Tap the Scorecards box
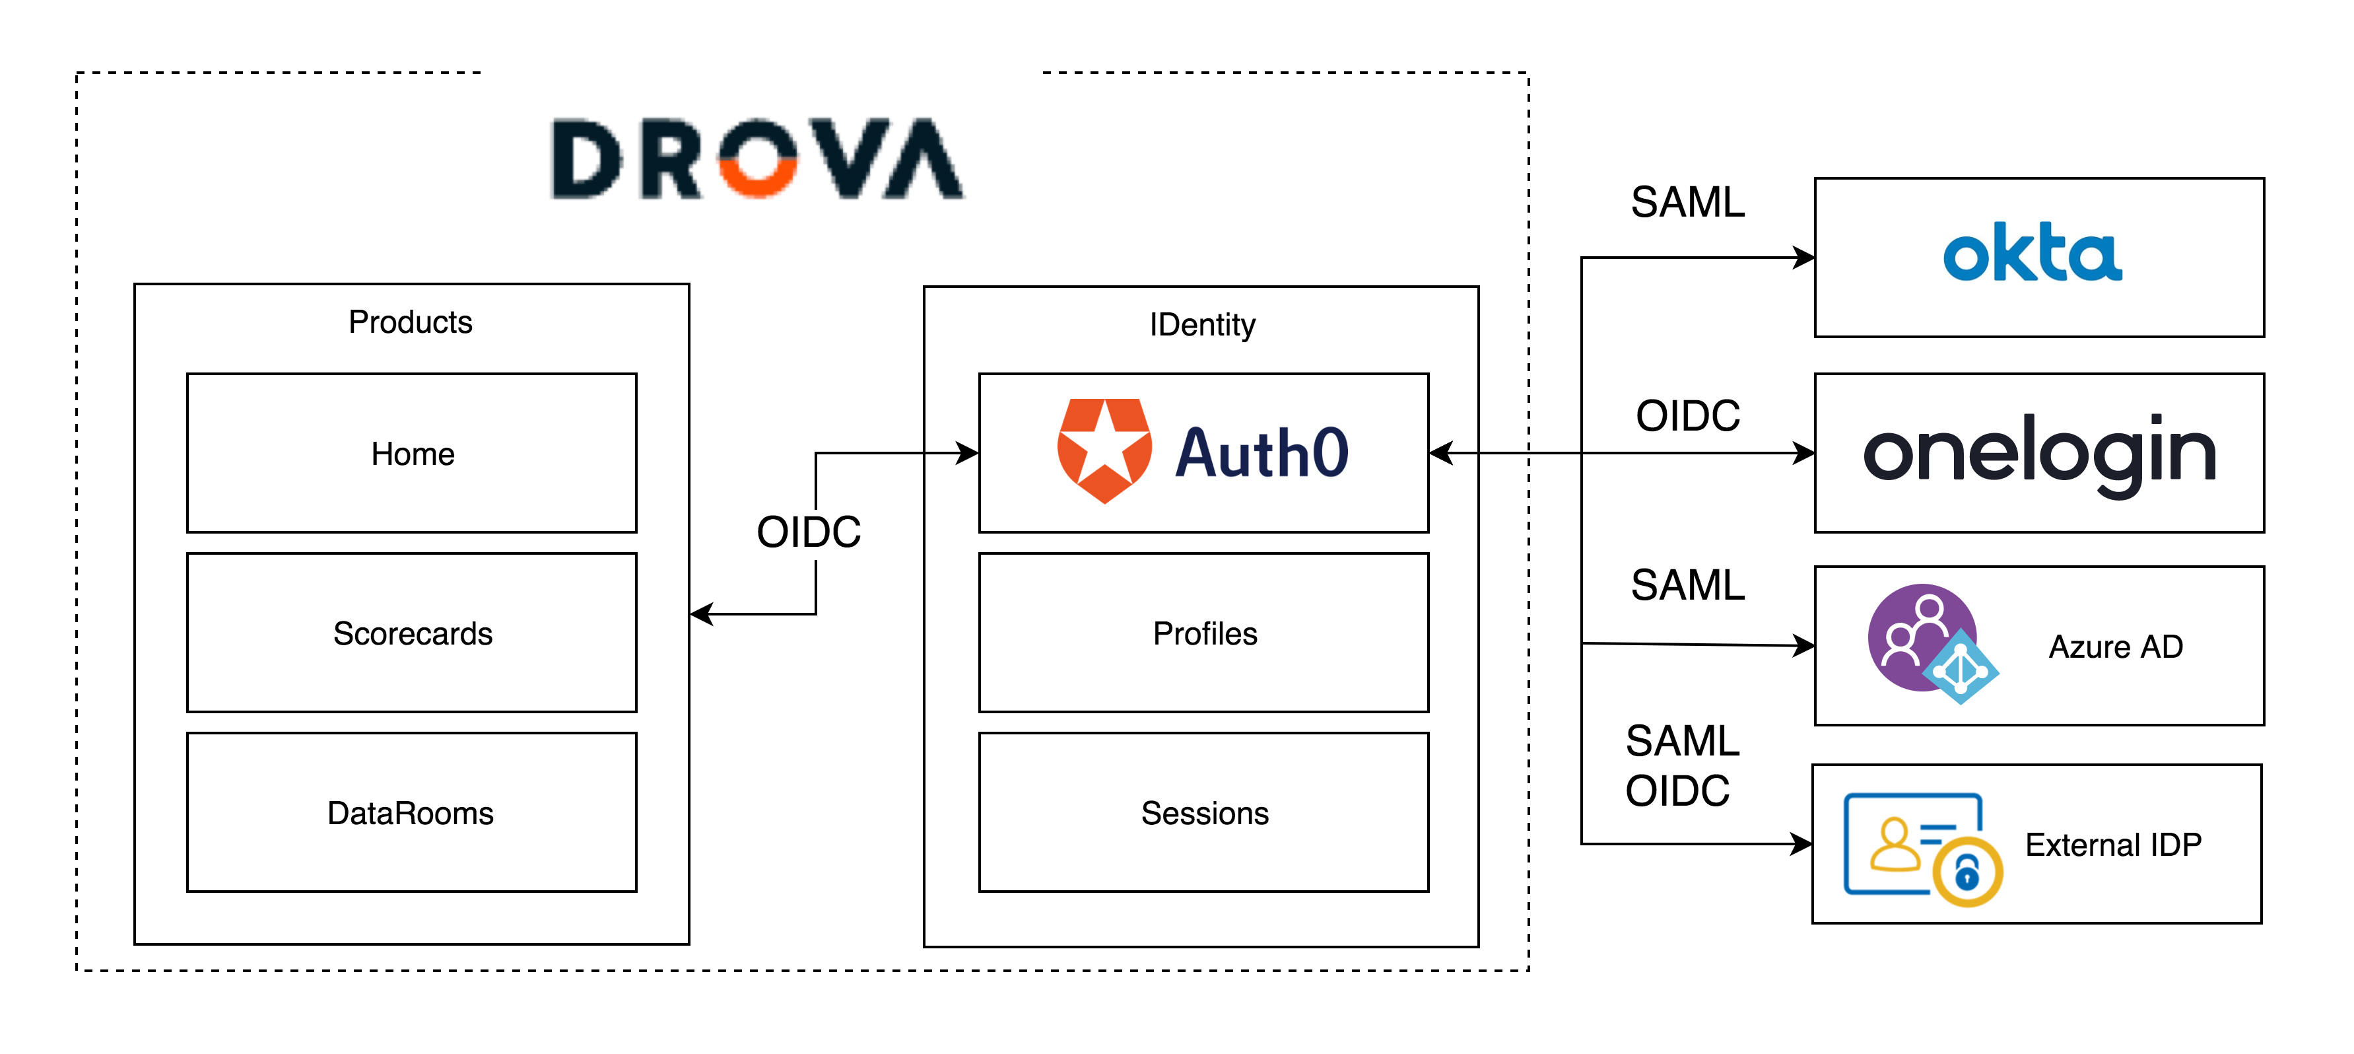click(411, 633)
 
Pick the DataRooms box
click(411, 812)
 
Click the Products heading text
click(411, 322)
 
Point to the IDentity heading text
click(1203, 324)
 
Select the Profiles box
click(1203, 633)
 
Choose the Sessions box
click(1203, 812)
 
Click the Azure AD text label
click(2116, 647)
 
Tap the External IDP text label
click(2113, 845)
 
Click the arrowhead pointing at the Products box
click(702, 614)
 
